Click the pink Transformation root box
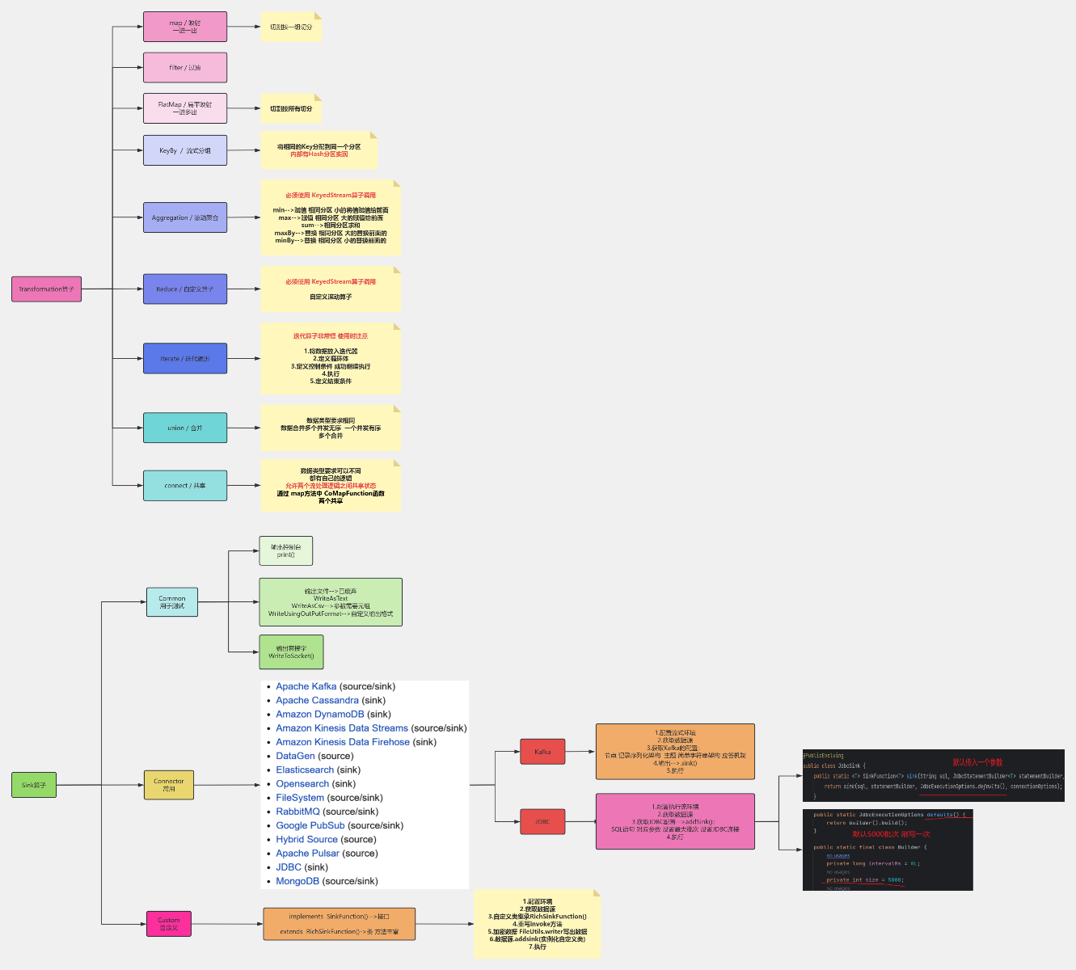[46, 289]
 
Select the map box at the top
[185, 27]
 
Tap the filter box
[185, 68]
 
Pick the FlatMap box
[185, 108]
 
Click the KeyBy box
[185, 150]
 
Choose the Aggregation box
[185, 217]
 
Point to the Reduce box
[185, 289]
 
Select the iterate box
[185, 358]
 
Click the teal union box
[185, 428]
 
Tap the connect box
[185, 486]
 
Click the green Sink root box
[34, 785]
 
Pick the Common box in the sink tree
[172, 602]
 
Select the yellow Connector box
[169, 785]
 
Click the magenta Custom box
[169, 924]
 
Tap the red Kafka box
[542, 752]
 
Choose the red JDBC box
[542, 821]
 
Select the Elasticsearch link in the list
[305, 770]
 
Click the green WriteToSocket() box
[291, 652]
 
